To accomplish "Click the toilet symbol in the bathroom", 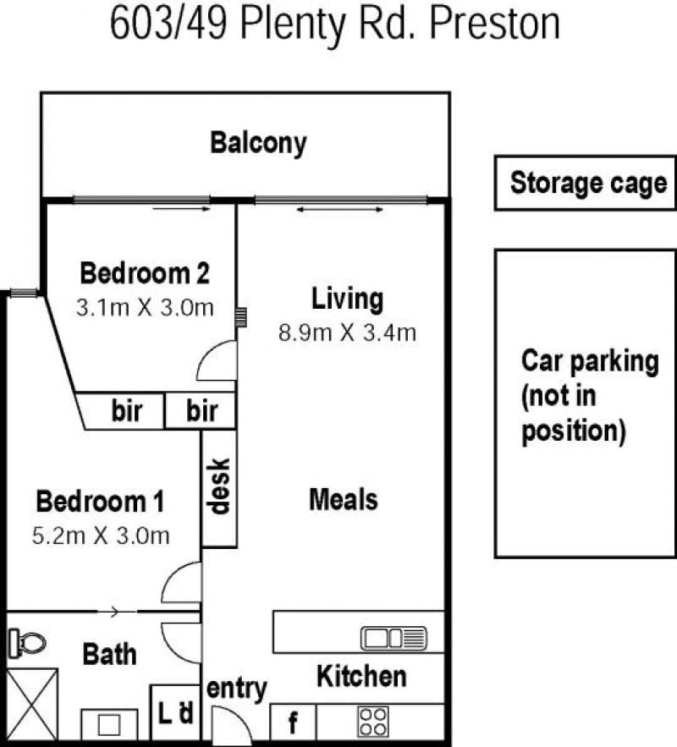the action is [x=28, y=643].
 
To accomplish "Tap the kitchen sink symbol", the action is [x=394, y=639].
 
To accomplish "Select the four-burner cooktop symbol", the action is [x=372, y=722].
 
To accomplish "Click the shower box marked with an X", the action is [x=32, y=705].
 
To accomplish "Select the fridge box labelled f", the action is [x=293, y=722].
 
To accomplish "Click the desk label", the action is [x=219, y=486].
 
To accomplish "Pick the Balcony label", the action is [x=258, y=143].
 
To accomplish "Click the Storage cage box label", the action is [x=588, y=184].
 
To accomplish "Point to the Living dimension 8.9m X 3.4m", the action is [x=347, y=332].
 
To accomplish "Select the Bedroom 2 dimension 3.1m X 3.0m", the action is [x=145, y=308].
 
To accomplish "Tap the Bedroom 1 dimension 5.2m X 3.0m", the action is [x=101, y=536].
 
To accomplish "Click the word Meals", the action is [x=344, y=500].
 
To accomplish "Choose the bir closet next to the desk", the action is [x=200, y=410].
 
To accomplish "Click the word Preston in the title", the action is [x=494, y=24].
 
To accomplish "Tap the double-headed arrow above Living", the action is [x=339, y=209].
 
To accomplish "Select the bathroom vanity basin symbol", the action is [x=109, y=725].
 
